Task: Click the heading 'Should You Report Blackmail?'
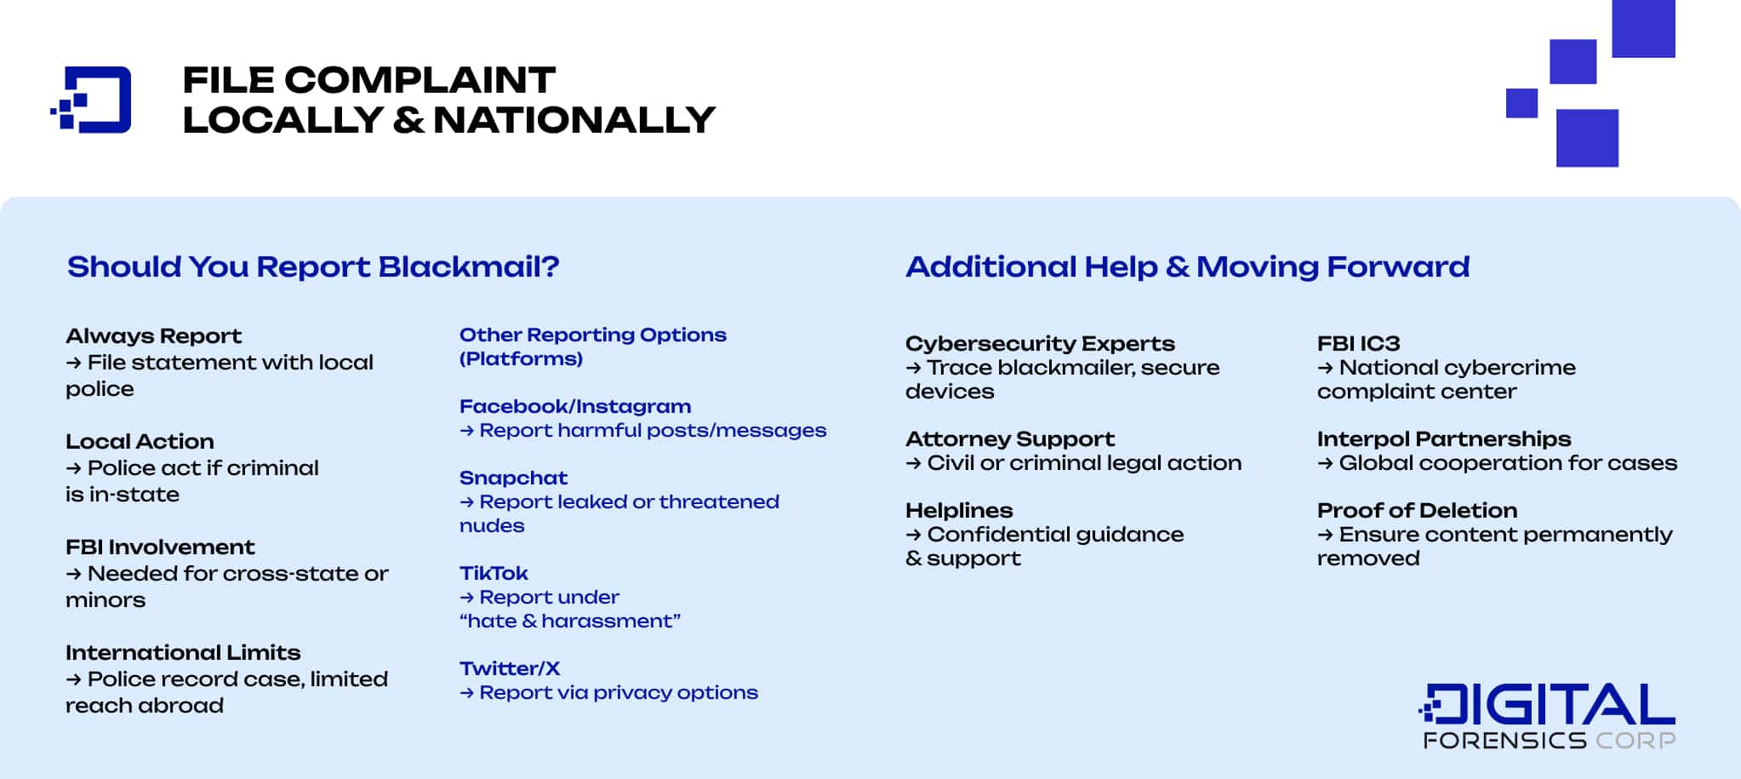coord(313,266)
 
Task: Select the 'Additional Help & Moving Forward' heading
coord(1187,266)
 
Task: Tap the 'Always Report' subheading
coord(154,336)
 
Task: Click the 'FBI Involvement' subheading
coord(160,547)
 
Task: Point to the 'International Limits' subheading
coord(183,652)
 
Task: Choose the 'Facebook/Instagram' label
coord(575,406)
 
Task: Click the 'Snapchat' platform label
coord(513,478)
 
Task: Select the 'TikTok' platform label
coord(494,573)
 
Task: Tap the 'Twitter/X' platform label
coord(510,668)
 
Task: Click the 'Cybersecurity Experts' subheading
coord(1040,344)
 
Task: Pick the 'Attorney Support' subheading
coord(1010,439)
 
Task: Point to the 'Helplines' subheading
coord(959,511)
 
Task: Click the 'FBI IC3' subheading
coord(1358,343)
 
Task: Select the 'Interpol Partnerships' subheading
coord(1444,439)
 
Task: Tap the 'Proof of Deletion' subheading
coord(1417,510)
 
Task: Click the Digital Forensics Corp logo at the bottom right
coord(1547,716)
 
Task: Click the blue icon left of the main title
coord(91,100)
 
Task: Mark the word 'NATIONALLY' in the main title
coord(574,120)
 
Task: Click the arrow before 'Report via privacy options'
coord(466,693)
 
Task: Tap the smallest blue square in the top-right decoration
coord(1521,103)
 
